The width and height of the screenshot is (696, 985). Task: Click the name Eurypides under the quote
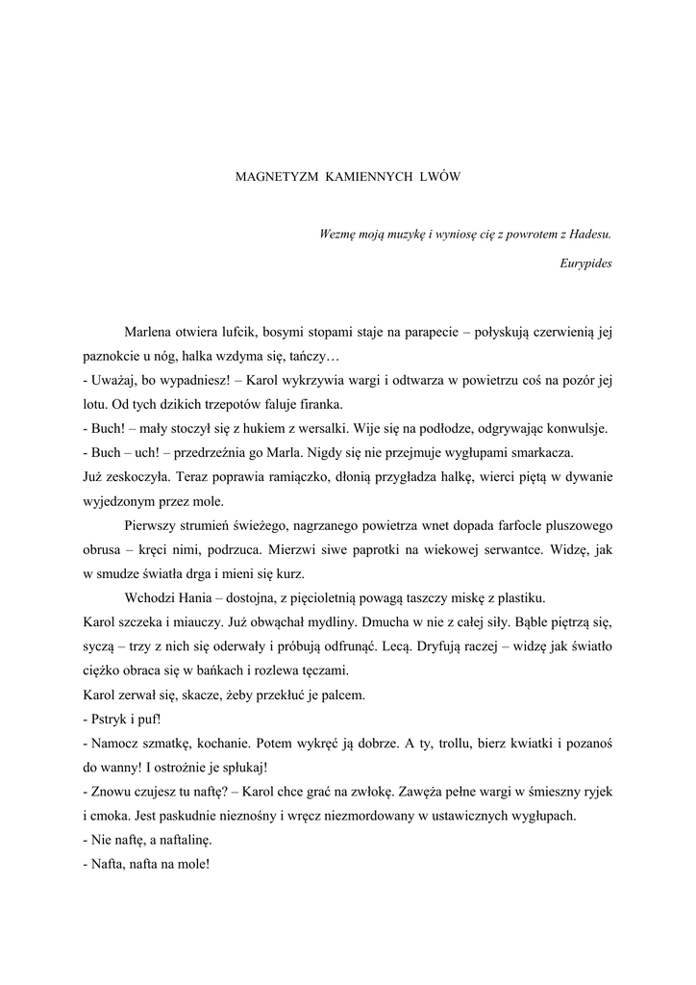(x=585, y=262)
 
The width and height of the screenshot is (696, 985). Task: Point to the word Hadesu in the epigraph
(x=589, y=234)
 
